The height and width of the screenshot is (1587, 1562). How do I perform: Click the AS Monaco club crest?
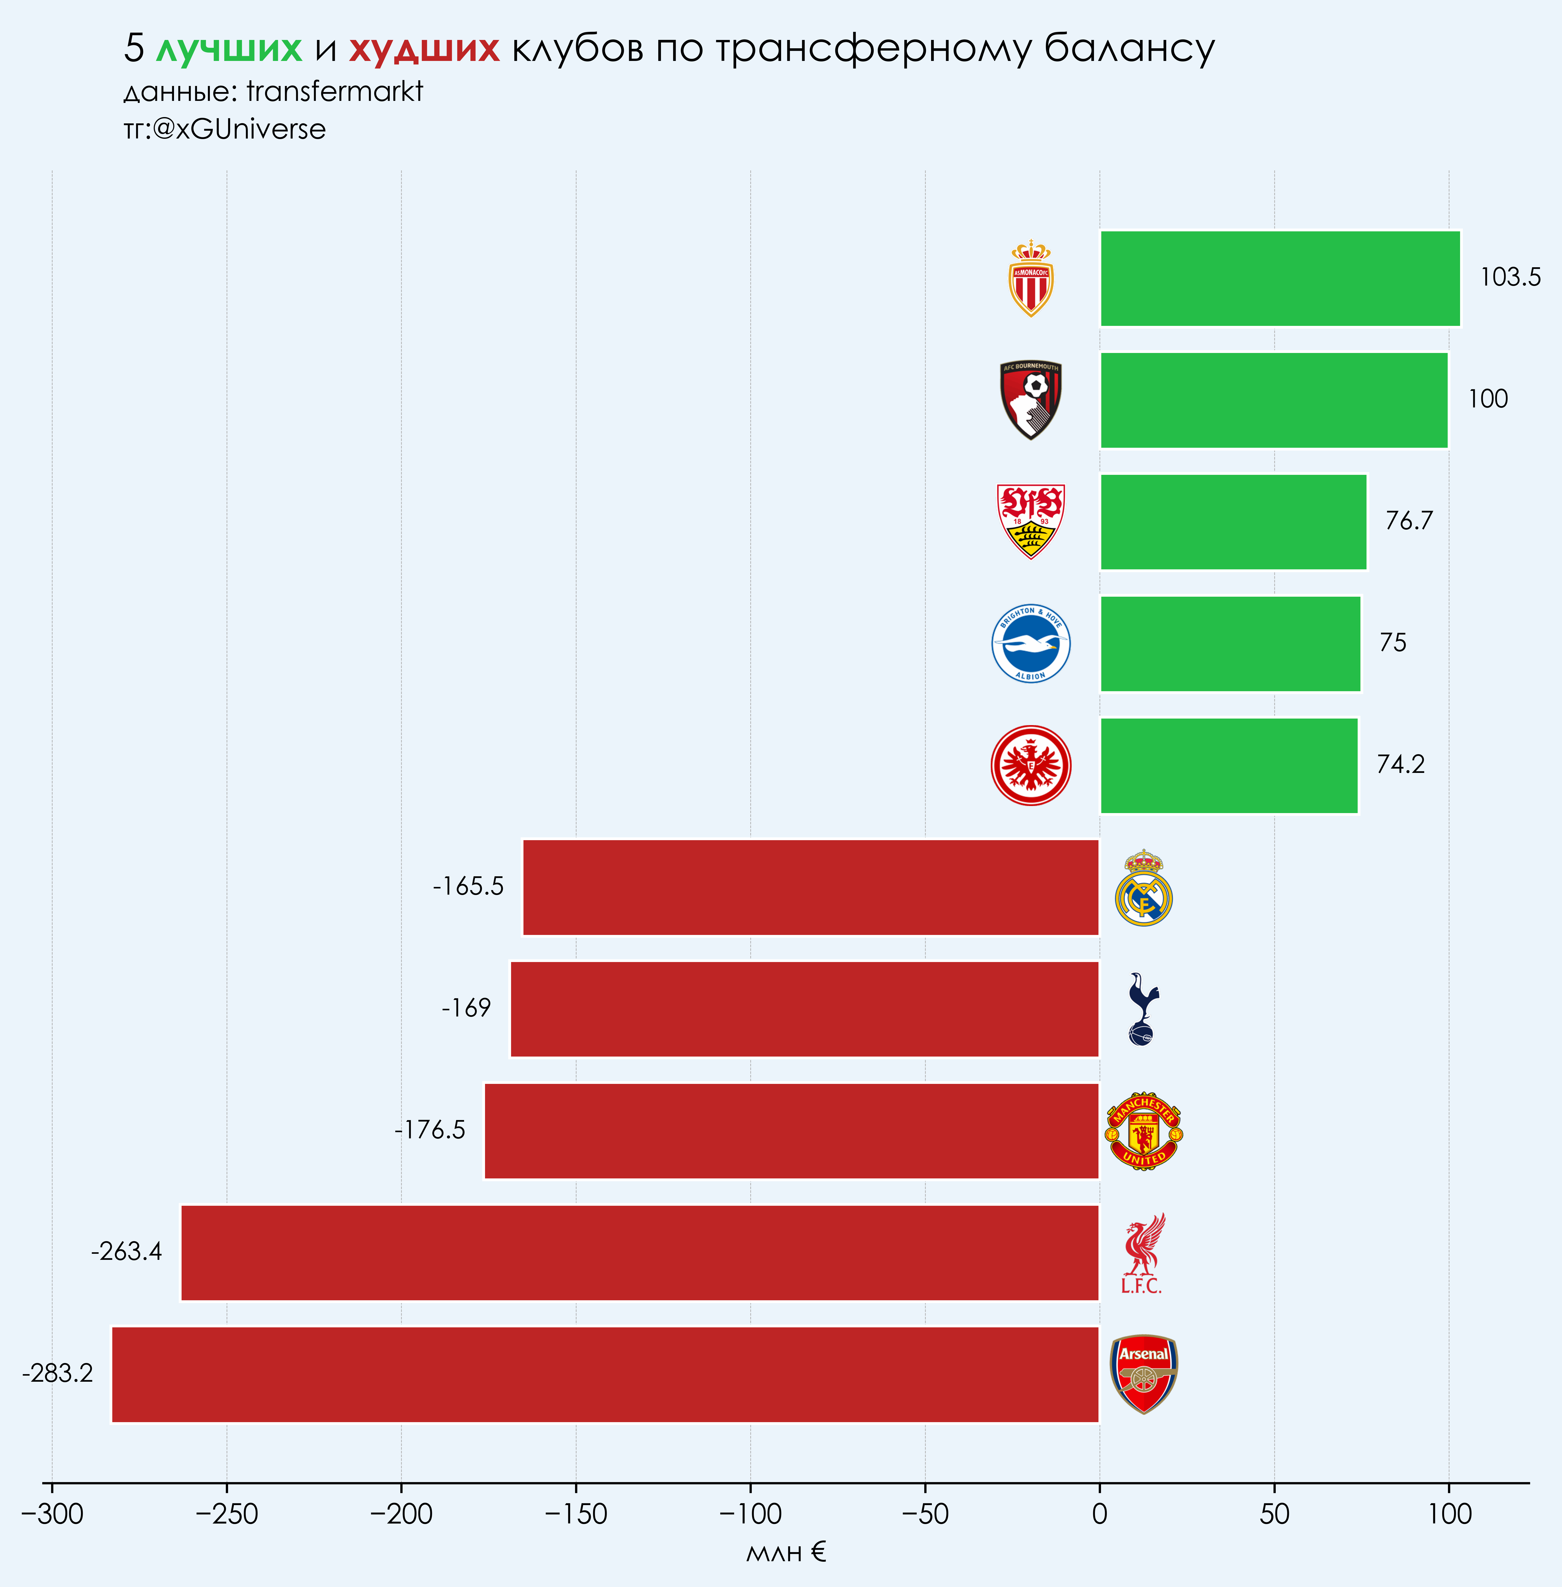pyautogui.click(x=1030, y=279)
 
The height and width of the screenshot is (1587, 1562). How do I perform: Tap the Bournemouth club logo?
pyautogui.click(x=1030, y=400)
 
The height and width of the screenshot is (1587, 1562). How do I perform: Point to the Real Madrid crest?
pyautogui.click(x=1143, y=888)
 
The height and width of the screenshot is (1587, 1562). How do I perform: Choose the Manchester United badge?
pyautogui.click(x=1143, y=1131)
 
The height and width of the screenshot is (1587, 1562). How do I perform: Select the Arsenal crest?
pyautogui.click(x=1143, y=1375)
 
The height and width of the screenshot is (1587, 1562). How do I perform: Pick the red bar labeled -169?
pyautogui.click(x=804, y=1009)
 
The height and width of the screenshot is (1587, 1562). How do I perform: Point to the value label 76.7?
pyautogui.click(x=1409, y=521)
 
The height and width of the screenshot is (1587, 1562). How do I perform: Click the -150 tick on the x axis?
pyautogui.click(x=576, y=1514)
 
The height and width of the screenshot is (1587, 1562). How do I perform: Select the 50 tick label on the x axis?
pyautogui.click(x=1274, y=1514)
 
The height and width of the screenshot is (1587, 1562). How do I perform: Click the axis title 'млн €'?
pyautogui.click(x=786, y=1553)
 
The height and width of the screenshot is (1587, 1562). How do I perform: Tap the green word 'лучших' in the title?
pyautogui.click(x=229, y=49)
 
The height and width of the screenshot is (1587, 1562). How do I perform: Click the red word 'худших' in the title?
pyautogui.click(x=424, y=49)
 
